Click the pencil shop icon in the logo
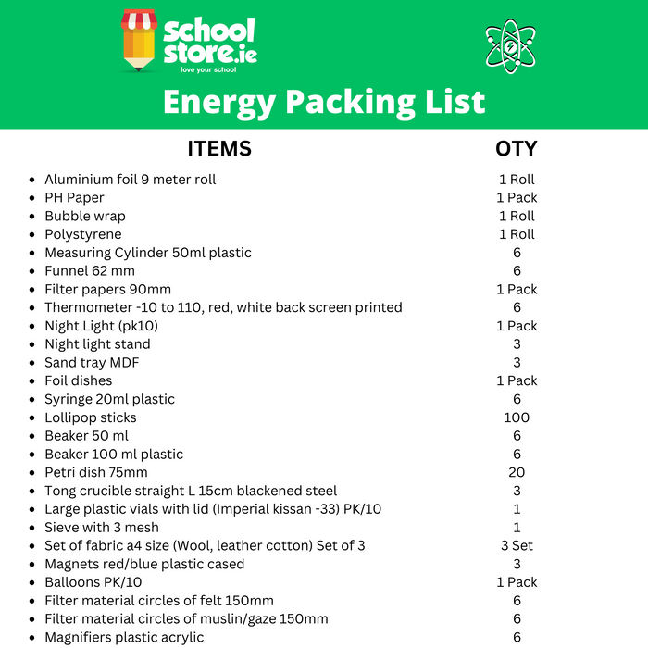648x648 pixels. (x=140, y=41)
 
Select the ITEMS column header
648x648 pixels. (x=219, y=149)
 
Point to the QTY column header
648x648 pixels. (x=516, y=149)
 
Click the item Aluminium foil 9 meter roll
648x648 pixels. (x=130, y=180)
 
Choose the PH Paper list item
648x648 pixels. (x=74, y=198)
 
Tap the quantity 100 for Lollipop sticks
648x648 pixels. (x=517, y=417)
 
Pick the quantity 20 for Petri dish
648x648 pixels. (x=517, y=472)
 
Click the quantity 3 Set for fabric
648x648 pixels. (x=517, y=545)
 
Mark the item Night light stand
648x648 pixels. (x=97, y=344)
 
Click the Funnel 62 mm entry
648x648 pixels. (x=90, y=271)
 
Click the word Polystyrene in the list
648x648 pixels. (x=82, y=234)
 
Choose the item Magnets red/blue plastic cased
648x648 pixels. (x=144, y=564)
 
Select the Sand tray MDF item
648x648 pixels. (x=92, y=363)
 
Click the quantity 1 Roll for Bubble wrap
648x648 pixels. (x=517, y=217)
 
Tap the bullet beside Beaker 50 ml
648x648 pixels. (x=33, y=436)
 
